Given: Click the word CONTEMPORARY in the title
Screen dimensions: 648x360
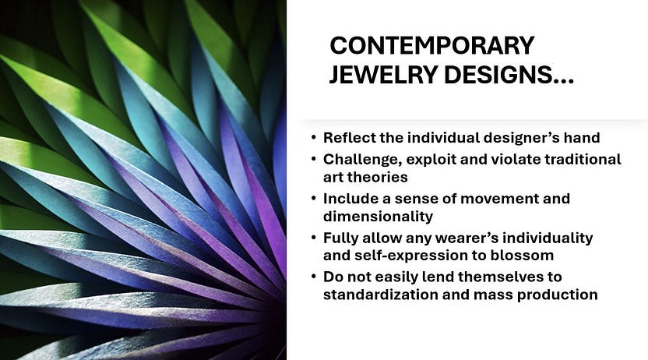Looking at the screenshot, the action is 431,45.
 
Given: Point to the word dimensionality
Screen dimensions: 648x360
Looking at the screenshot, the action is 379,216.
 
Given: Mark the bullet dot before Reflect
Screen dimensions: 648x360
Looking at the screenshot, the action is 314,137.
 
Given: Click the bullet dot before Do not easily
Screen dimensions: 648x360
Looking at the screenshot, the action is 314,276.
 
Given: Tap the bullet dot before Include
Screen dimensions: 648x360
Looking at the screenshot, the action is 314,198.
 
